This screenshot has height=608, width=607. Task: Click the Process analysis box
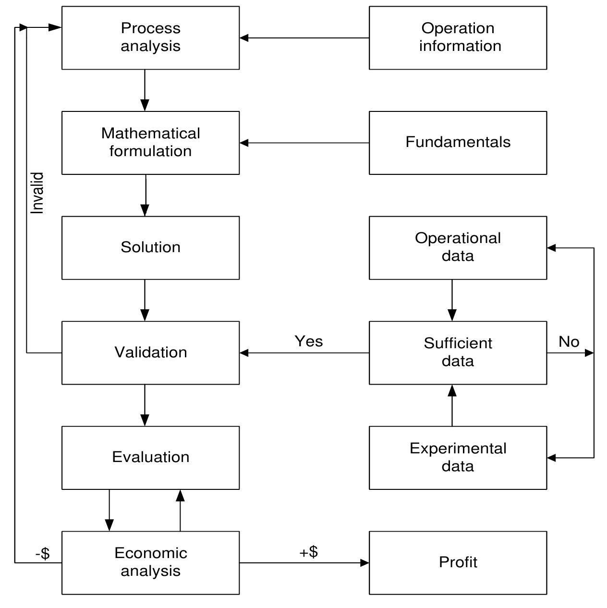150,37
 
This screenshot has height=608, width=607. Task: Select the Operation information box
458,37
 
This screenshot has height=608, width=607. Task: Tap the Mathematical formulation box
150,143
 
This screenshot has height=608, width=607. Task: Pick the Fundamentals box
458,143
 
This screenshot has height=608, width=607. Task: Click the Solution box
150,247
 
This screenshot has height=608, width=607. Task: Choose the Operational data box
458,247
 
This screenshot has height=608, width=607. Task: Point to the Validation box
150,353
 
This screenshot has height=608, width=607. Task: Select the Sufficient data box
458,353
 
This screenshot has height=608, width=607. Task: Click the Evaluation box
150,457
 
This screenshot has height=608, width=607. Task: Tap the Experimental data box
458,457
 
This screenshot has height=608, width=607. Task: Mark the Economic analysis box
150,562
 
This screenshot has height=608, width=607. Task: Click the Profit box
458,562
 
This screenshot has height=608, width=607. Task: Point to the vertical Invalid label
37,193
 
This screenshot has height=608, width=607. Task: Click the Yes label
309,341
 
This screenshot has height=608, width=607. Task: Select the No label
569,341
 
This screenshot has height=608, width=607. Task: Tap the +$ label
309,552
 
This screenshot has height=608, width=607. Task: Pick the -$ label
42,554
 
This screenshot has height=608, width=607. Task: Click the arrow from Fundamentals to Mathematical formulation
304,143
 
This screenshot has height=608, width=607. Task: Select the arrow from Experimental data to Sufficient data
452,405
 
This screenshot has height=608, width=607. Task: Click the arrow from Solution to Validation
145,300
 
